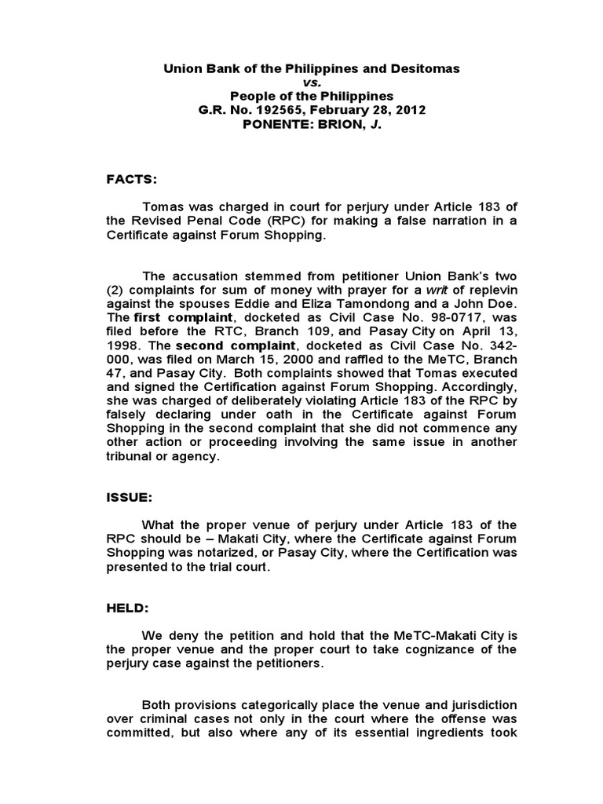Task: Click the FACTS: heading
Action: (133, 180)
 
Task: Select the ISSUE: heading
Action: (131, 497)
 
